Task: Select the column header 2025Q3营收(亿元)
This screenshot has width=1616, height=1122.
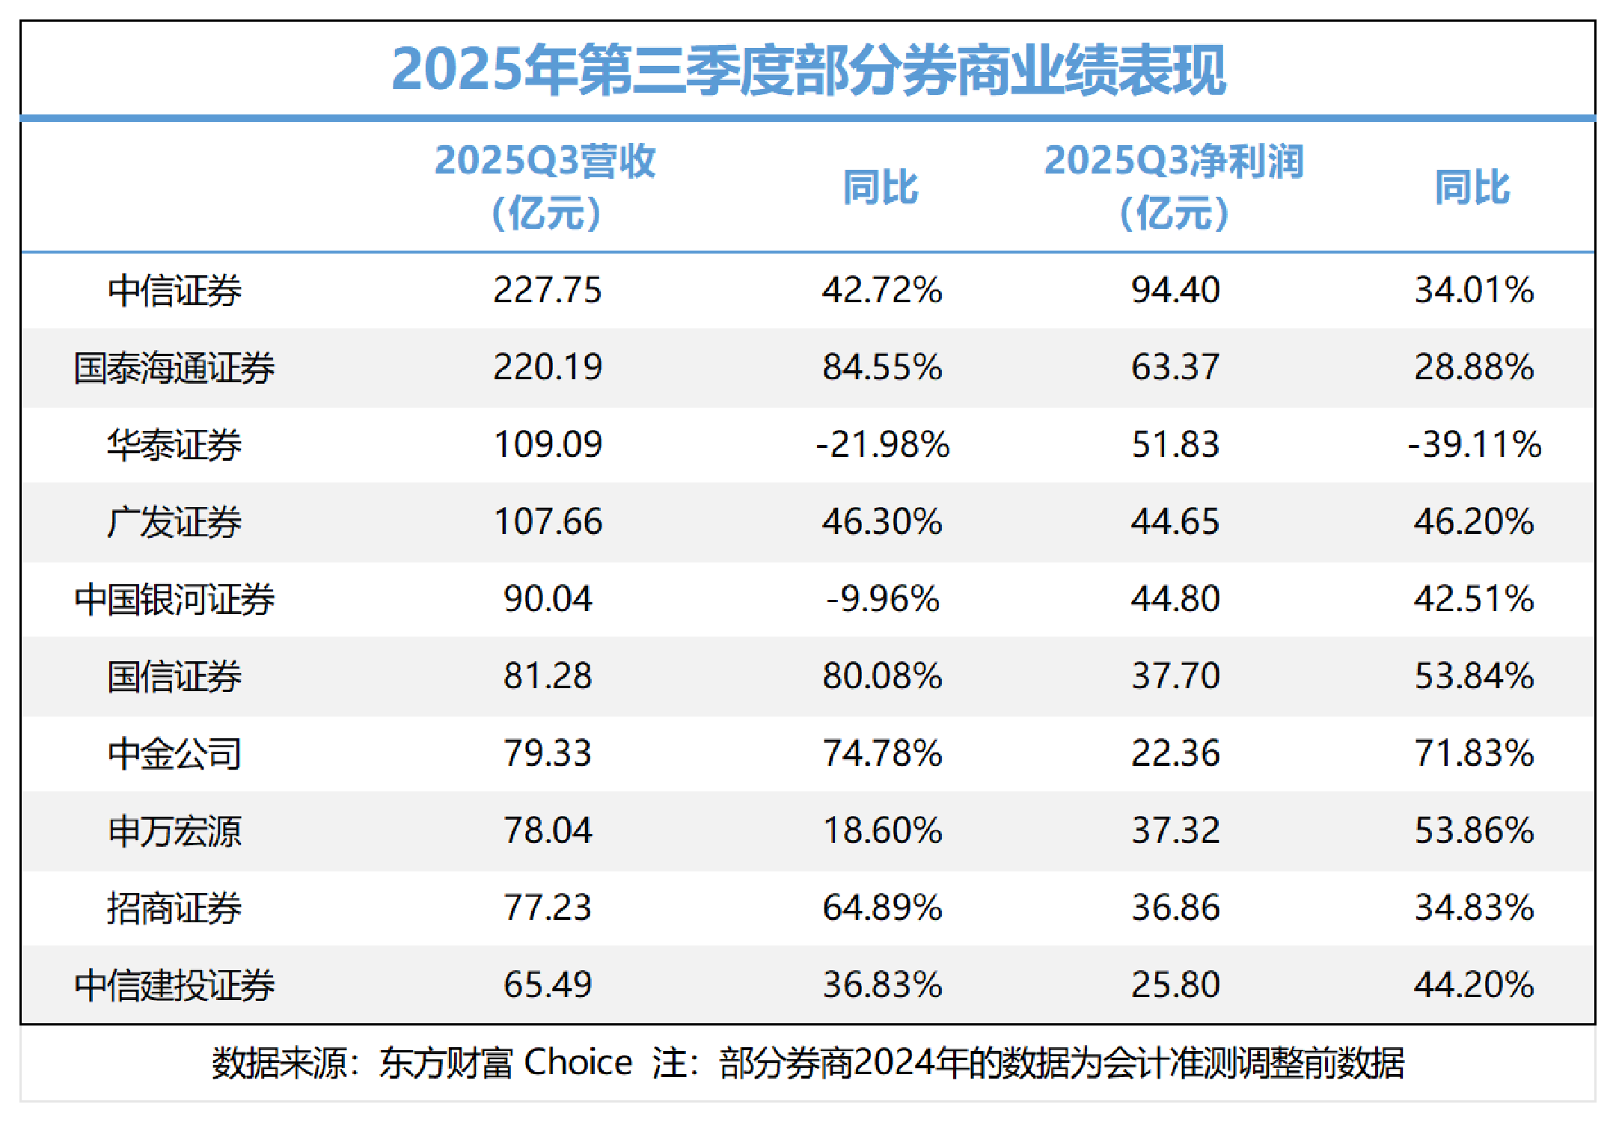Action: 545,187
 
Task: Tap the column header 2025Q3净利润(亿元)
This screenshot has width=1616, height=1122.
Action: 1174,187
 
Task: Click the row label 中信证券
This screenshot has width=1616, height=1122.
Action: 174,291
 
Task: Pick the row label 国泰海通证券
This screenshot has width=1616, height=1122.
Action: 174,368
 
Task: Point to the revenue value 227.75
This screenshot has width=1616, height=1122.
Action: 547,290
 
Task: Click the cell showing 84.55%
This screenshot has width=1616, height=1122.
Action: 882,367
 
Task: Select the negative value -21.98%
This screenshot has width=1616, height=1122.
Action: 882,445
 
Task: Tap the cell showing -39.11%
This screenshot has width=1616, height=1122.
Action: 1474,445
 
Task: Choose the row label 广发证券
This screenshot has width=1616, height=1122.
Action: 174,522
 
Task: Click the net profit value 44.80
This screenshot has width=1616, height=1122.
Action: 1175,599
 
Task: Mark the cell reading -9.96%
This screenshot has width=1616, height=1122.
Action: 882,599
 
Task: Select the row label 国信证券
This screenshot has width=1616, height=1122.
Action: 174,677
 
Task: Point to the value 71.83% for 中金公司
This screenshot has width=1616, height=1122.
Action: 1474,753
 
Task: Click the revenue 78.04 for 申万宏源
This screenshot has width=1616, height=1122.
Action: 547,831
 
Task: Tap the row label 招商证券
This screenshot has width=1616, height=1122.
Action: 174,908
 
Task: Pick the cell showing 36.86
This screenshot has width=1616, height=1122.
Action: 1175,908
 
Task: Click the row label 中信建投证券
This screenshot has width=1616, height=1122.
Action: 174,985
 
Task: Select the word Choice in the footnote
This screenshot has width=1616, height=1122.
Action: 578,1063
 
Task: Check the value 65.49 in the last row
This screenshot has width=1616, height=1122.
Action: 547,985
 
